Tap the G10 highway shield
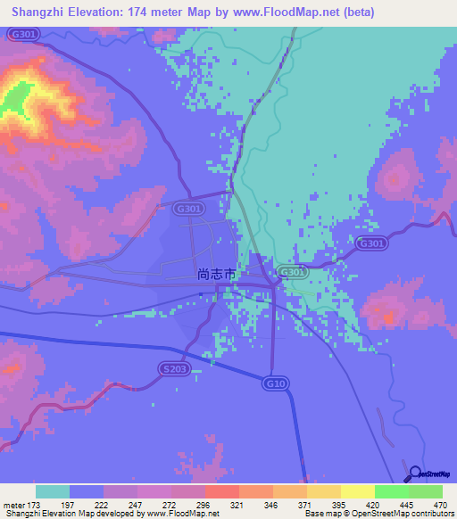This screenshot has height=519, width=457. (276, 383)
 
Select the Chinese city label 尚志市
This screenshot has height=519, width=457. (217, 276)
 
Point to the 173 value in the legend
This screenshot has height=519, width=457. (35, 506)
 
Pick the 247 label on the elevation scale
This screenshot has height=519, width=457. (137, 506)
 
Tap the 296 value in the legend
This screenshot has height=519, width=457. (204, 506)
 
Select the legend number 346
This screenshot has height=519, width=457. (272, 506)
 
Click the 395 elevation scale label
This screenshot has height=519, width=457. (340, 506)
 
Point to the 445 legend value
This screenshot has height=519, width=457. (408, 506)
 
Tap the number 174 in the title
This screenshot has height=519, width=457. (147, 12)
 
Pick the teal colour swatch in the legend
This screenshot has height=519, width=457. (52, 491)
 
